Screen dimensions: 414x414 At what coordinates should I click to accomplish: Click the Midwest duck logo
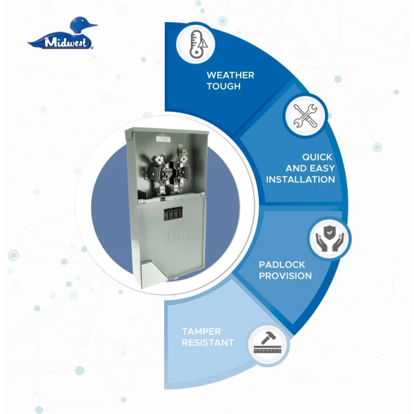pos(62,33)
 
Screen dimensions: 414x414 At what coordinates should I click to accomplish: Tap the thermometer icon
pos(197,44)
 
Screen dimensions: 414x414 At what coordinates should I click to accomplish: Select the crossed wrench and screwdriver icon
pos(305,116)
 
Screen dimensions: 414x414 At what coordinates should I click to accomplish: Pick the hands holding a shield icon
pos(330,239)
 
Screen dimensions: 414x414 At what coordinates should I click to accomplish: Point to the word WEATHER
pos(230,75)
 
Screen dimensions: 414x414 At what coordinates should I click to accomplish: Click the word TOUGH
pos(224,86)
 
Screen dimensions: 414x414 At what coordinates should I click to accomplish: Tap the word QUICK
pos(317,157)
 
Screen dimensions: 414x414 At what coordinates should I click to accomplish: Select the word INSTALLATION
pos(300,179)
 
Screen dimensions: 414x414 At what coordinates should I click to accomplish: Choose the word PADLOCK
pos(282,264)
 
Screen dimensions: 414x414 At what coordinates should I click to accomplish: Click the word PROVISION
pos(285,276)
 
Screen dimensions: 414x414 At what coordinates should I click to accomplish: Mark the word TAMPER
pos(201,331)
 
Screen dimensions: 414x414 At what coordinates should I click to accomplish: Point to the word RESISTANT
pos(208,343)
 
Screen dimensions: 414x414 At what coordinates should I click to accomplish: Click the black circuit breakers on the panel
pos(173,213)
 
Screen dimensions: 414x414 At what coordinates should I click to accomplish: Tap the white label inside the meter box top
pos(164,139)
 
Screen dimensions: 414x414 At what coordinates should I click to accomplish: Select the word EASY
pos(322,168)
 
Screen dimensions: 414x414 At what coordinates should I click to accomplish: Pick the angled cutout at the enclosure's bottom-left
pos(150,274)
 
